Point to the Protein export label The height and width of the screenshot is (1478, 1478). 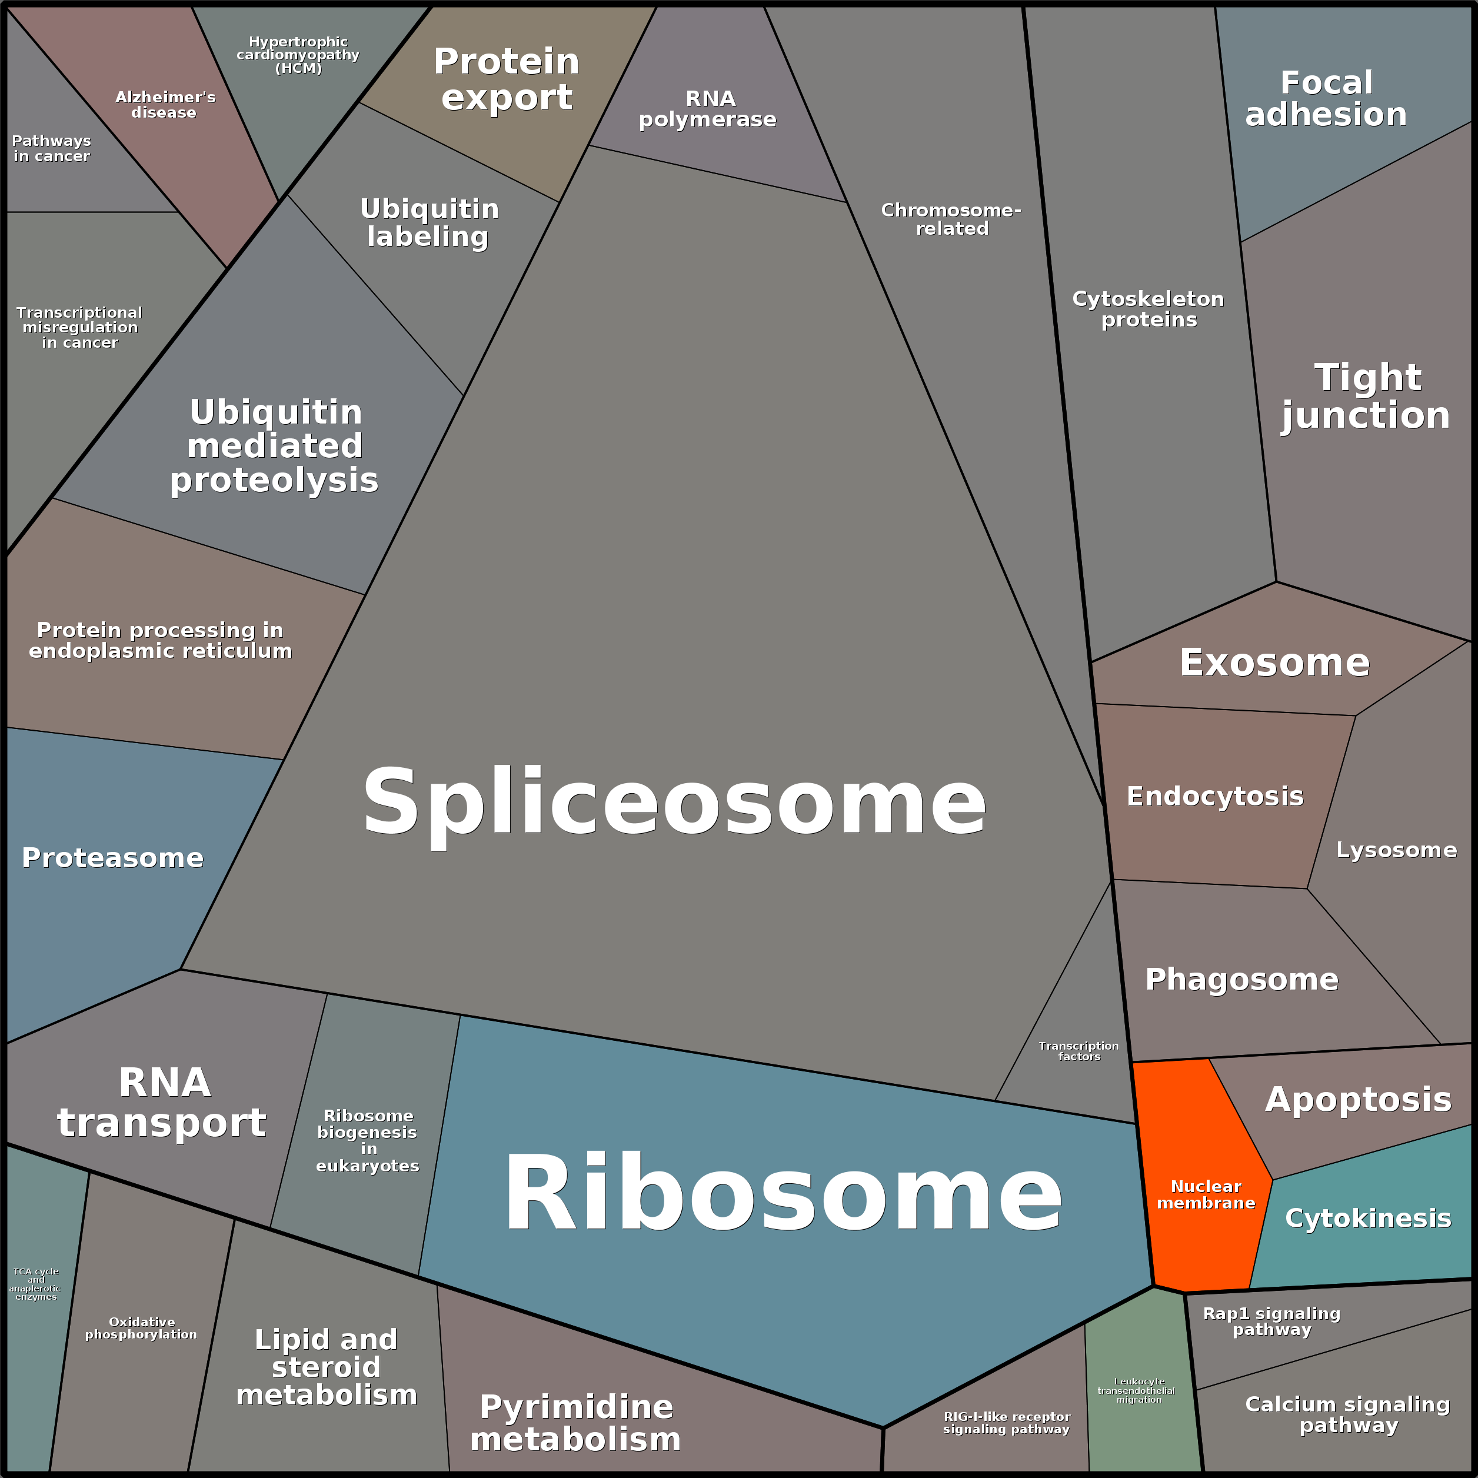[507, 79]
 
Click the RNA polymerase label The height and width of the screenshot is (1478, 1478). [708, 109]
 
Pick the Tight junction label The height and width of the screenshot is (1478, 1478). [1366, 397]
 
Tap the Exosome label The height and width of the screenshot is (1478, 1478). [1274, 663]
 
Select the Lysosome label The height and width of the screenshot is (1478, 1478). [1396, 850]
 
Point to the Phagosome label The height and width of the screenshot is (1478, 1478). [1241, 979]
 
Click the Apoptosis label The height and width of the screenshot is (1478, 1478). [1358, 1099]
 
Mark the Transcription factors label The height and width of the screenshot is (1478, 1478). [1078, 1051]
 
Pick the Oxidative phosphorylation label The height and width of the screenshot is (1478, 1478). [142, 1328]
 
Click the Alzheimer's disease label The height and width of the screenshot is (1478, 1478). [165, 105]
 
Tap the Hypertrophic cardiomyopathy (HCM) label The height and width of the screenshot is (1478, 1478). [298, 55]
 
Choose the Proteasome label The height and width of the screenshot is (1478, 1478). [112, 858]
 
